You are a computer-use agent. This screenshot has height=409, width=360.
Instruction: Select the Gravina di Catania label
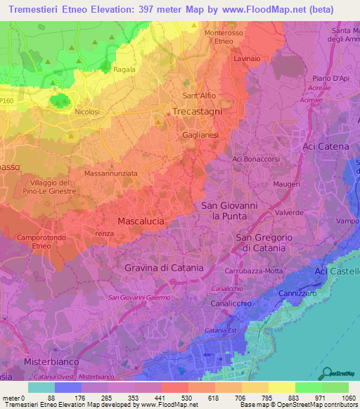tap(164, 268)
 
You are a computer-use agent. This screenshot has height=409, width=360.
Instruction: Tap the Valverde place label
tap(269, 212)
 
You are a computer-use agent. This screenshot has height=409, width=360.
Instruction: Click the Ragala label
tap(124, 70)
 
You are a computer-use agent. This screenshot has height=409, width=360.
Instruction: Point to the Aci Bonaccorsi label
tap(260, 160)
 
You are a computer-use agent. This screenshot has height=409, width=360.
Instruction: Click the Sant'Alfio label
tap(199, 96)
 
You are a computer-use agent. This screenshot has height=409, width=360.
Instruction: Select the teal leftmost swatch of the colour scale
tap(41, 387)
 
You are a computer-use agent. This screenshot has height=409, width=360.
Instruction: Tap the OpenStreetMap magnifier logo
tap(326, 373)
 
